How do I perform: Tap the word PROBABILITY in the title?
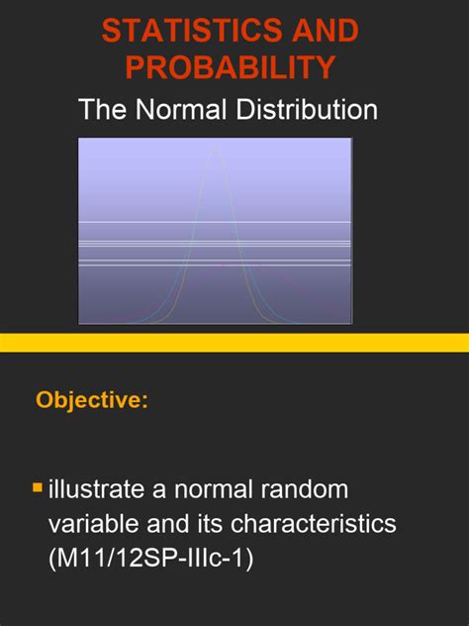point(230,67)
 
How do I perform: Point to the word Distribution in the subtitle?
point(308,109)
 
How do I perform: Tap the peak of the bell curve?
point(215,152)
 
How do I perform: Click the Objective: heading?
point(92,400)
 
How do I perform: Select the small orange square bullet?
point(38,487)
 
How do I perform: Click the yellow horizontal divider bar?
point(234,343)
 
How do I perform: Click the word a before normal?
point(165,489)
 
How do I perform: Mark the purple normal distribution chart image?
point(215,231)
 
